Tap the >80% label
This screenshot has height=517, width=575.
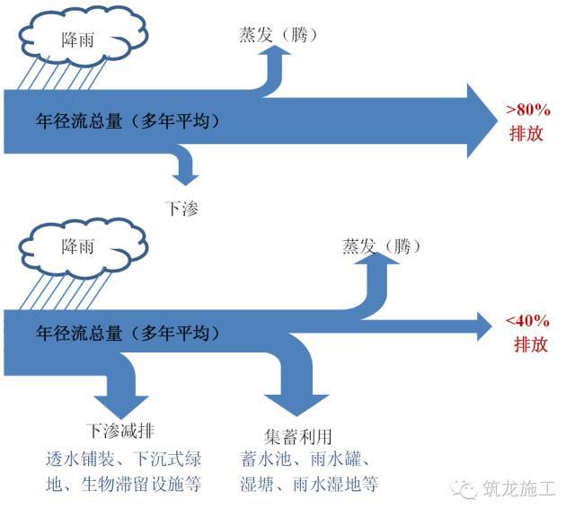pyautogui.click(x=527, y=111)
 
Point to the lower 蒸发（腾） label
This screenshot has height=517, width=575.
pyautogui.click(x=381, y=245)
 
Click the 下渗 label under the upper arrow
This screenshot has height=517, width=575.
pyautogui.click(x=183, y=208)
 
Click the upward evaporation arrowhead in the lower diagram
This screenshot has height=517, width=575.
pyautogui.click(x=381, y=266)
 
